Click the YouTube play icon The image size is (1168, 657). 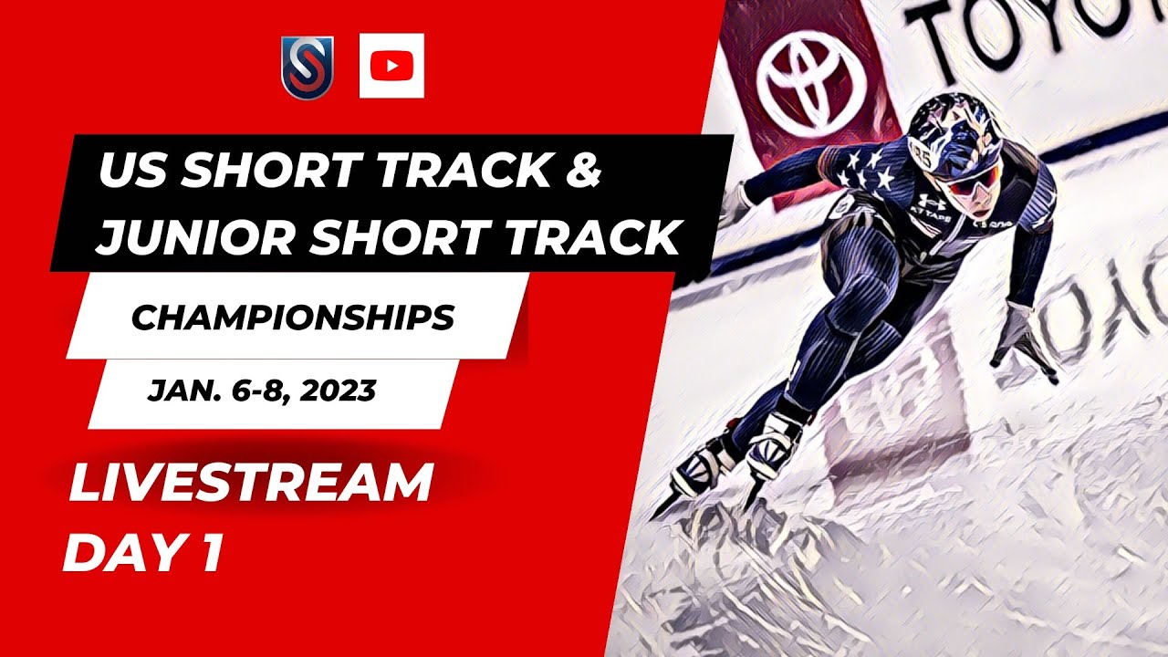pyautogui.click(x=391, y=66)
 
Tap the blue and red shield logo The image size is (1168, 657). pyautogui.click(x=307, y=68)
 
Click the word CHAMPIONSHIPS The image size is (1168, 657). pyautogui.click(x=293, y=318)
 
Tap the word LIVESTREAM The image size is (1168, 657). pyautogui.click(x=250, y=484)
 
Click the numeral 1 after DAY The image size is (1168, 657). pyautogui.click(x=211, y=554)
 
